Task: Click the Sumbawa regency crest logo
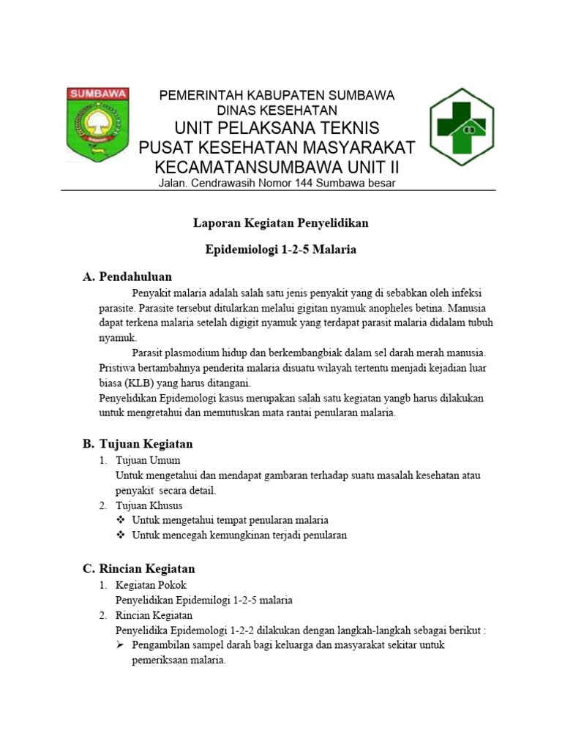pos(98,124)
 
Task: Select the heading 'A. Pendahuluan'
pos(127,276)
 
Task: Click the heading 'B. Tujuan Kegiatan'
pos(138,443)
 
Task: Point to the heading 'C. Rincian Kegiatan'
pos(138,568)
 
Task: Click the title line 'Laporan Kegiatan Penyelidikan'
pos(280,222)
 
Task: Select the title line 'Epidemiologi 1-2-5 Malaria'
pos(280,249)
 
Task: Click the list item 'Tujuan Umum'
pos(148,460)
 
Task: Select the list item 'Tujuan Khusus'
pos(149,505)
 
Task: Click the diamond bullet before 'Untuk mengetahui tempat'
pos(121,520)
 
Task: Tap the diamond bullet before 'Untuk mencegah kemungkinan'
pos(121,535)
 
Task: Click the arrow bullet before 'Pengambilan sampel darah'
pos(121,645)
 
